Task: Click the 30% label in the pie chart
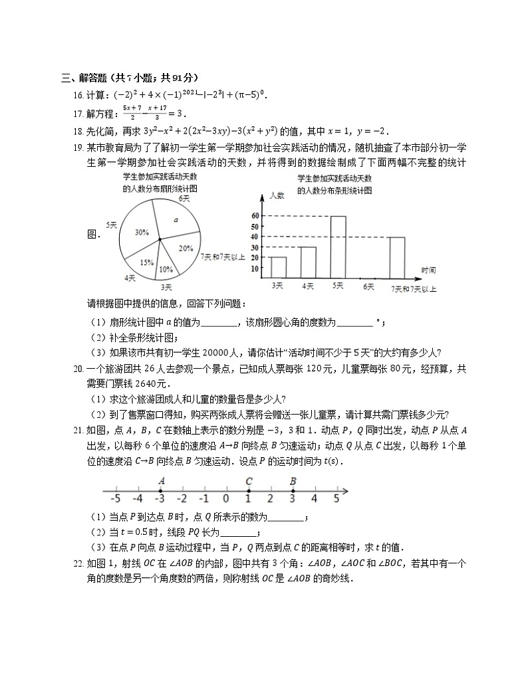[141, 233]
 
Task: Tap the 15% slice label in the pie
[146, 262]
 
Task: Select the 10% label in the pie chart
[166, 270]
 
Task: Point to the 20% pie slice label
[186, 248]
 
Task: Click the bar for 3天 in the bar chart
[278, 266]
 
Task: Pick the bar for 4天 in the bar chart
[308, 262]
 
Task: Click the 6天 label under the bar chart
[367, 286]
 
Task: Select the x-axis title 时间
[429, 269]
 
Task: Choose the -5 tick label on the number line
[116, 498]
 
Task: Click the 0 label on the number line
[226, 498]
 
